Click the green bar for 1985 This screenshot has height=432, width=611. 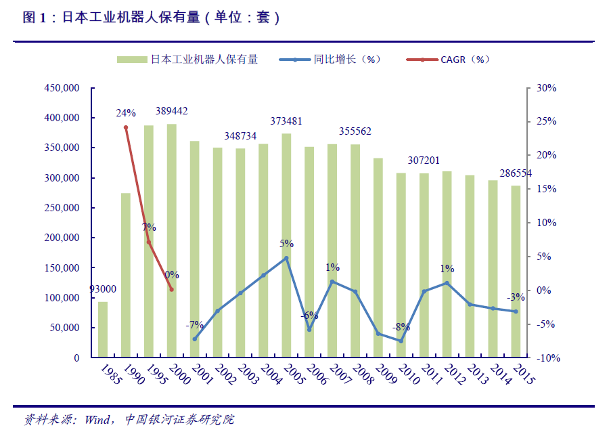click(103, 329)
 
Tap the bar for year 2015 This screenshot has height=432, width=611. click(516, 272)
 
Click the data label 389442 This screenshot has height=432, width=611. click(172, 111)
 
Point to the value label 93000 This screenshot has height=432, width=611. click(102, 289)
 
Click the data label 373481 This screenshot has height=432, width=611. click(286, 121)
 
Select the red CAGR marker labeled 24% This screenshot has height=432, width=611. click(126, 127)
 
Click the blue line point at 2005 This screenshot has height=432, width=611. click(286, 258)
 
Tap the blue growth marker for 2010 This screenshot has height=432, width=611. click(401, 341)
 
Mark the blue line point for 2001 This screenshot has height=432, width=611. click(194, 339)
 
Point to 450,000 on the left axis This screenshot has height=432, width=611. click(62, 88)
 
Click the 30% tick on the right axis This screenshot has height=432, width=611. click(546, 88)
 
